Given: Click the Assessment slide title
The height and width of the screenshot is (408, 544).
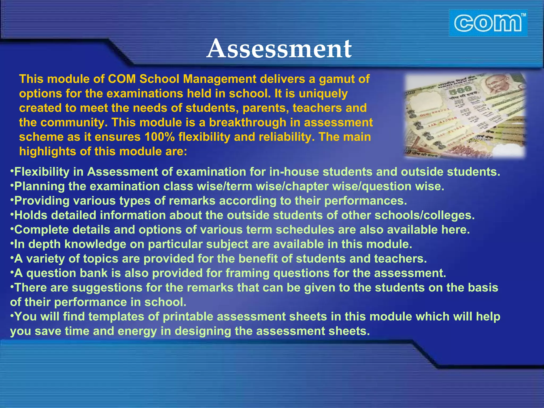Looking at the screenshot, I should pos(279,49).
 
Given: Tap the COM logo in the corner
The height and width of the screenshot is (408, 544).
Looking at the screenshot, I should pos(488,23).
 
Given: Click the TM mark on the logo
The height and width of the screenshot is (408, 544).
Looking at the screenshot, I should pos(523,15).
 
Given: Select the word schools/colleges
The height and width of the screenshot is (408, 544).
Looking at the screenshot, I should pos(424,215).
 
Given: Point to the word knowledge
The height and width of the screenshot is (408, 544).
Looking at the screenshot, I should pos(95,244).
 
